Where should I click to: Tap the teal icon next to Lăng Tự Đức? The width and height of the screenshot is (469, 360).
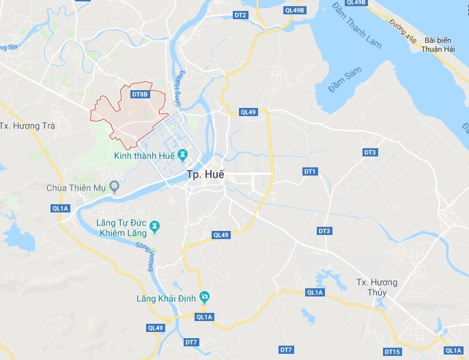pos(156,225)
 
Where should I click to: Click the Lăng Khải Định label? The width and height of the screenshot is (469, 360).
pos(166,299)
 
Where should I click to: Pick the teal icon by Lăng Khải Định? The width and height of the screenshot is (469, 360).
pos(205,297)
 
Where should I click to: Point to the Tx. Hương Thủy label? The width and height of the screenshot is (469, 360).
pos(377,287)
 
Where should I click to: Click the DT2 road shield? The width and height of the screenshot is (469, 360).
pos(240,14)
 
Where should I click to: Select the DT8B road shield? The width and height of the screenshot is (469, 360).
pos(139,94)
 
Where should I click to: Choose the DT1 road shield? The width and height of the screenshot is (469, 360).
pos(310,171)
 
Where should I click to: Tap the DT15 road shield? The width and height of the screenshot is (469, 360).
pos(393,352)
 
